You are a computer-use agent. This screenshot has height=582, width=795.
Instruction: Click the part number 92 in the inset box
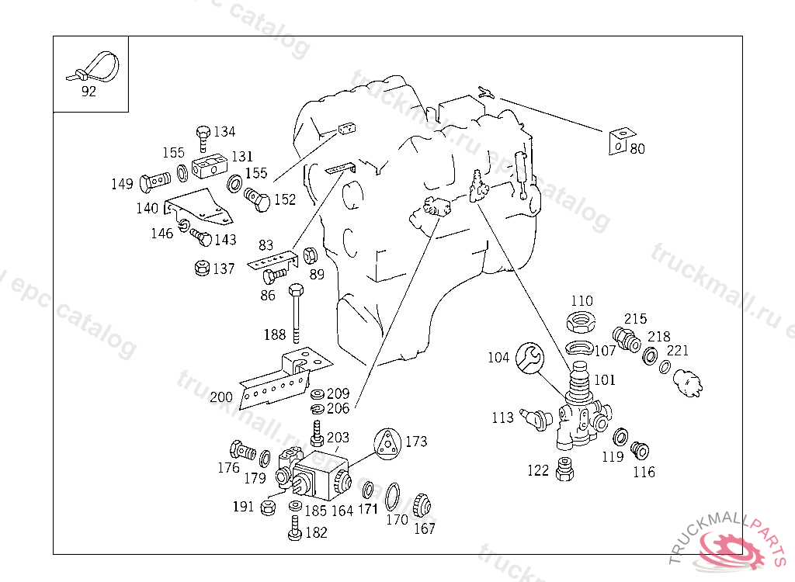(x=89, y=92)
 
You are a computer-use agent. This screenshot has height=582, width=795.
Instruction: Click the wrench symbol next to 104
(x=530, y=358)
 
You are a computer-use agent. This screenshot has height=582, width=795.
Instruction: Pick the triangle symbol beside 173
(x=387, y=444)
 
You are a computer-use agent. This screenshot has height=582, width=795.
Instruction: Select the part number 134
(x=224, y=132)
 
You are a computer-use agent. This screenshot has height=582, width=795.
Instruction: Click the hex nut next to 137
(x=200, y=268)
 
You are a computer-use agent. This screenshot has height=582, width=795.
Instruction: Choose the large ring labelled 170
(x=394, y=494)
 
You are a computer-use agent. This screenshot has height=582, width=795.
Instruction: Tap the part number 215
(x=635, y=319)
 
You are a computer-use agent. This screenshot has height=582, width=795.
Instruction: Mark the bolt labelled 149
(x=154, y=184)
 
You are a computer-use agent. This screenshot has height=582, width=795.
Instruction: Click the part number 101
(x=605, y=380)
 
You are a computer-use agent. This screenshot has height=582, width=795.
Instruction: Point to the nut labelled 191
(x=266, y=508)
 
